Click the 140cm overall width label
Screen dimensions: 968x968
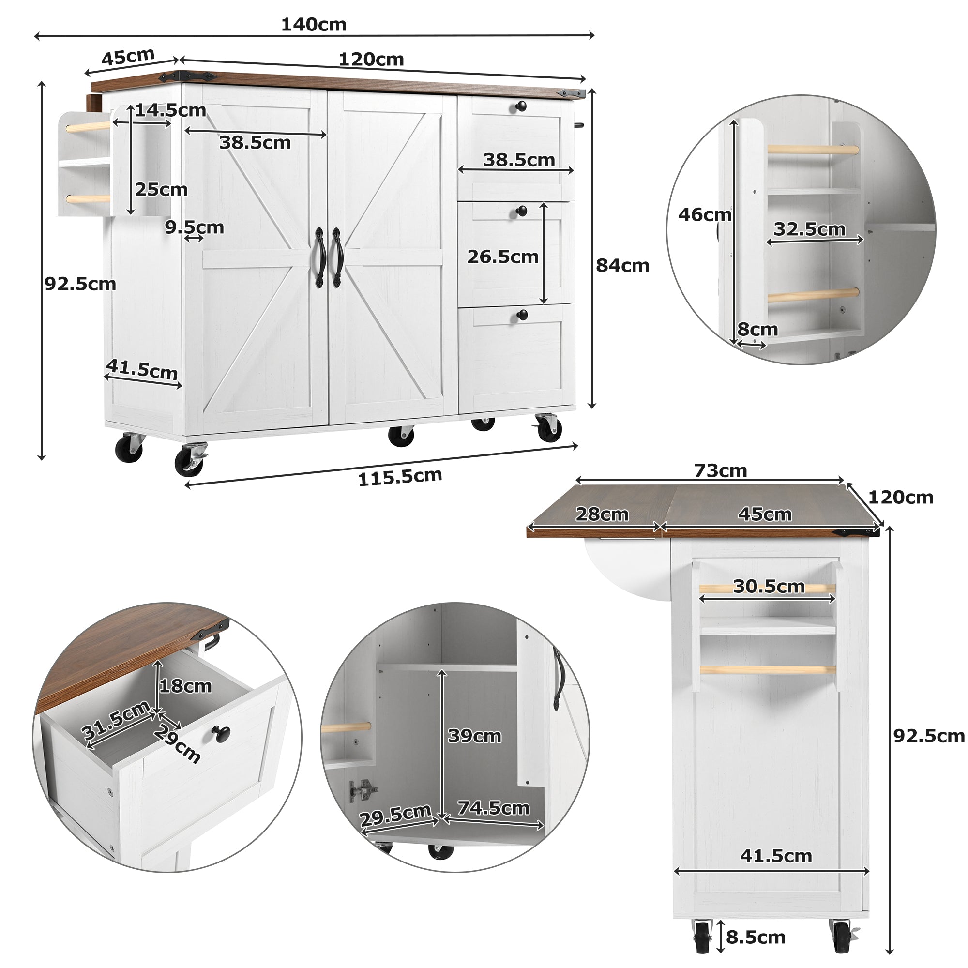coord(314,25)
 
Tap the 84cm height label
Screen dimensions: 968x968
coord(622,265)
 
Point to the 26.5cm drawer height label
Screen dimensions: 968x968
coord(502,257)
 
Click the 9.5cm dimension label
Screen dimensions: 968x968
coord(195,227)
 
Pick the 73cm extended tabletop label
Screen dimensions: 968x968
coord(720,470)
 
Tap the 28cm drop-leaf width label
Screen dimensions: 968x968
coord(602,514)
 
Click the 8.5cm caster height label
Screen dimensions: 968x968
coord(756,937)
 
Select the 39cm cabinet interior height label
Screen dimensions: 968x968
coord(474,736)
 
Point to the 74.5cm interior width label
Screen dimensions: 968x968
coord(494,808)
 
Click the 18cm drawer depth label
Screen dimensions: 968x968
coord(185,686)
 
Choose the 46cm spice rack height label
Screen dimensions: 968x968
coord(704,214)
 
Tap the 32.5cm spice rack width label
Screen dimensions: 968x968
coord(810,229)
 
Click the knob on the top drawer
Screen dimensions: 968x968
coord(521,106)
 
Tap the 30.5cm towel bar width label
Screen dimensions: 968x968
coord(769,586)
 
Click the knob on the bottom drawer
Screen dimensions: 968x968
coord(522,315)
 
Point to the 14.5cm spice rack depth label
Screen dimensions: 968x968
coord(171,110)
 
